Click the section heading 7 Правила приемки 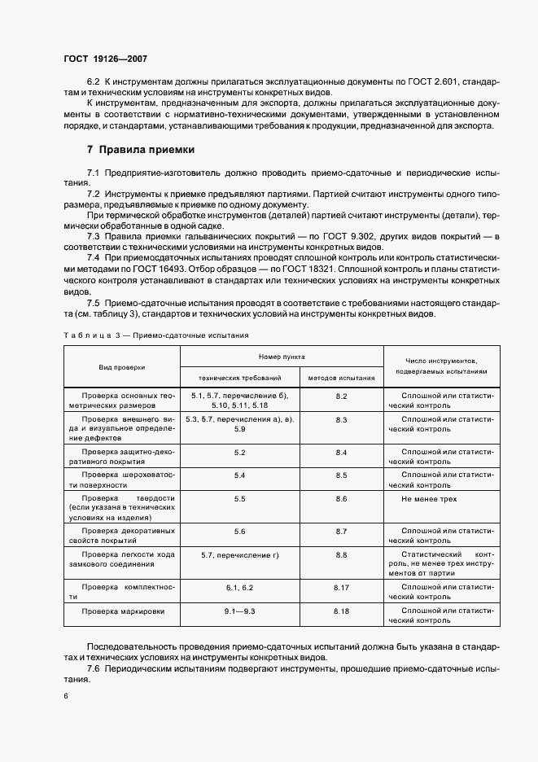click(x=141, y=150)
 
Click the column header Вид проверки click(x=122, y=367)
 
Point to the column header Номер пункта click(x=282, y=357)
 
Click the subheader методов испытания click(x=342, y=378)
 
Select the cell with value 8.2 click(x=342, y=396)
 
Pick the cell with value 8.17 click(x=342, y=586)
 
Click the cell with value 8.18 click(x=342, y=610)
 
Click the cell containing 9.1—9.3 click(x=239, y=610)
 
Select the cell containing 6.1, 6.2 click(x=239, y=586)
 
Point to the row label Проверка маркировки click(x=122, y=610)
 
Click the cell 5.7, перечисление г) click(x=239, y=554)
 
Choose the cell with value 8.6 click(x=342, y=497)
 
